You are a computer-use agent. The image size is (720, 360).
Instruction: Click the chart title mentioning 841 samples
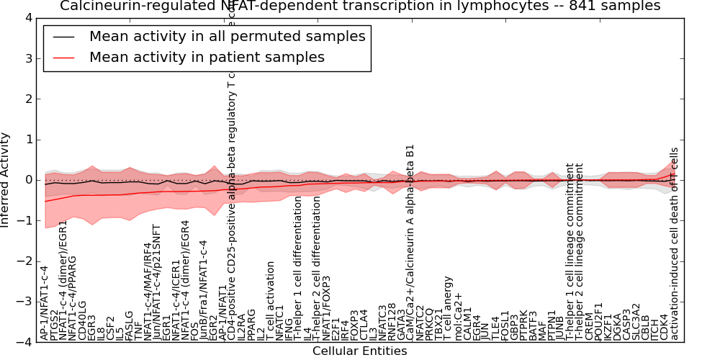tap(360, 6)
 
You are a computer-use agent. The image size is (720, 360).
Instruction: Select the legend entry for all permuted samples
tap(227, 36)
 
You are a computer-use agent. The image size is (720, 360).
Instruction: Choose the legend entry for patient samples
tap(207, 57)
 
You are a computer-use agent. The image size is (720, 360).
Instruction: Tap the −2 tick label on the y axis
tap(25, 261)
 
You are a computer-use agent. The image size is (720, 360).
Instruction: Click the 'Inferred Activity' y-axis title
tap(6, 180)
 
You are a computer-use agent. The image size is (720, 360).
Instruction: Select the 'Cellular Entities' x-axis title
tap(359, 351)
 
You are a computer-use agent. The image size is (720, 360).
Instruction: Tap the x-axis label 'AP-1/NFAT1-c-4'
tap(45, 303)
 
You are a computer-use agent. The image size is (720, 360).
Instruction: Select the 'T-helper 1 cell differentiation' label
tap(298, 269)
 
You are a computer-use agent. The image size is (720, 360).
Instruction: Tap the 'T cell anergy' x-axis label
tap(448, 308)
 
